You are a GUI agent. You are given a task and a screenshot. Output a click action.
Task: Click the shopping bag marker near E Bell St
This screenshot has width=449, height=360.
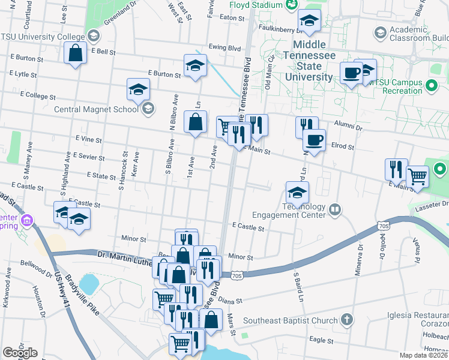(x=77, y=53)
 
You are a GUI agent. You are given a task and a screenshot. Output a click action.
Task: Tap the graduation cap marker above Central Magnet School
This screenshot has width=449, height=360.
(x=138, y=90)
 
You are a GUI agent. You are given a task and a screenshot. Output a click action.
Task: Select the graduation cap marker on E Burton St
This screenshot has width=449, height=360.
(x=195, y=66)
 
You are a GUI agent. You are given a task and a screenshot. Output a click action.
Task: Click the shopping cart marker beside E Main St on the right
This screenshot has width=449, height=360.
(x=417, y=176)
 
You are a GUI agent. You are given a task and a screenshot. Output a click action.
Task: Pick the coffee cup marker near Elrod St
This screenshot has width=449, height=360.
(x=314, y=141)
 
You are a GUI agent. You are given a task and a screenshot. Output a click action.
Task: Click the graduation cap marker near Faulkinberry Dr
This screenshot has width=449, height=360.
(x=309, y=22)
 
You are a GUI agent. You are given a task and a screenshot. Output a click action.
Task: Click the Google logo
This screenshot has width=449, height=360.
(x=20, y=353)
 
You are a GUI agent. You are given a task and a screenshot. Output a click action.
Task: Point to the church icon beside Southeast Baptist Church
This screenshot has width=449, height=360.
(x=346, y=320)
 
